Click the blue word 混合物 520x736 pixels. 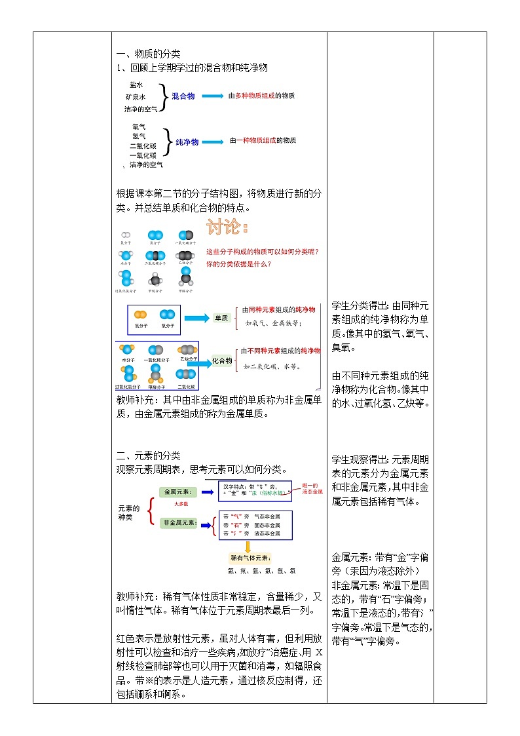pos(183,96)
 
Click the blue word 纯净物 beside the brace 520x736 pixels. pos(187,141)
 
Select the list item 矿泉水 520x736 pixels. pos(136,96)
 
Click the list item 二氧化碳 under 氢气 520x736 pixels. pos(143,145)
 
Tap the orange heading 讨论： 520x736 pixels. pos(227,228)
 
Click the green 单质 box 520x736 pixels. pos(221,318)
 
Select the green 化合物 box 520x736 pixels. pos(222,360)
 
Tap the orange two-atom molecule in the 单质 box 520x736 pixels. pos(140,315)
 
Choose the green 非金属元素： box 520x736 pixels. pos(179,523)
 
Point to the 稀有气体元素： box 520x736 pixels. pos(250,558)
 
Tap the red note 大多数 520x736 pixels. pos(181,503)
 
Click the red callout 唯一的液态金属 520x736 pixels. pos(312,488)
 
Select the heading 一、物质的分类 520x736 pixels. pos(148,54)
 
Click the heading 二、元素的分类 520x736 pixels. pos(148,455)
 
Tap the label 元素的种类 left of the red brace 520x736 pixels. pos(128,513)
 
